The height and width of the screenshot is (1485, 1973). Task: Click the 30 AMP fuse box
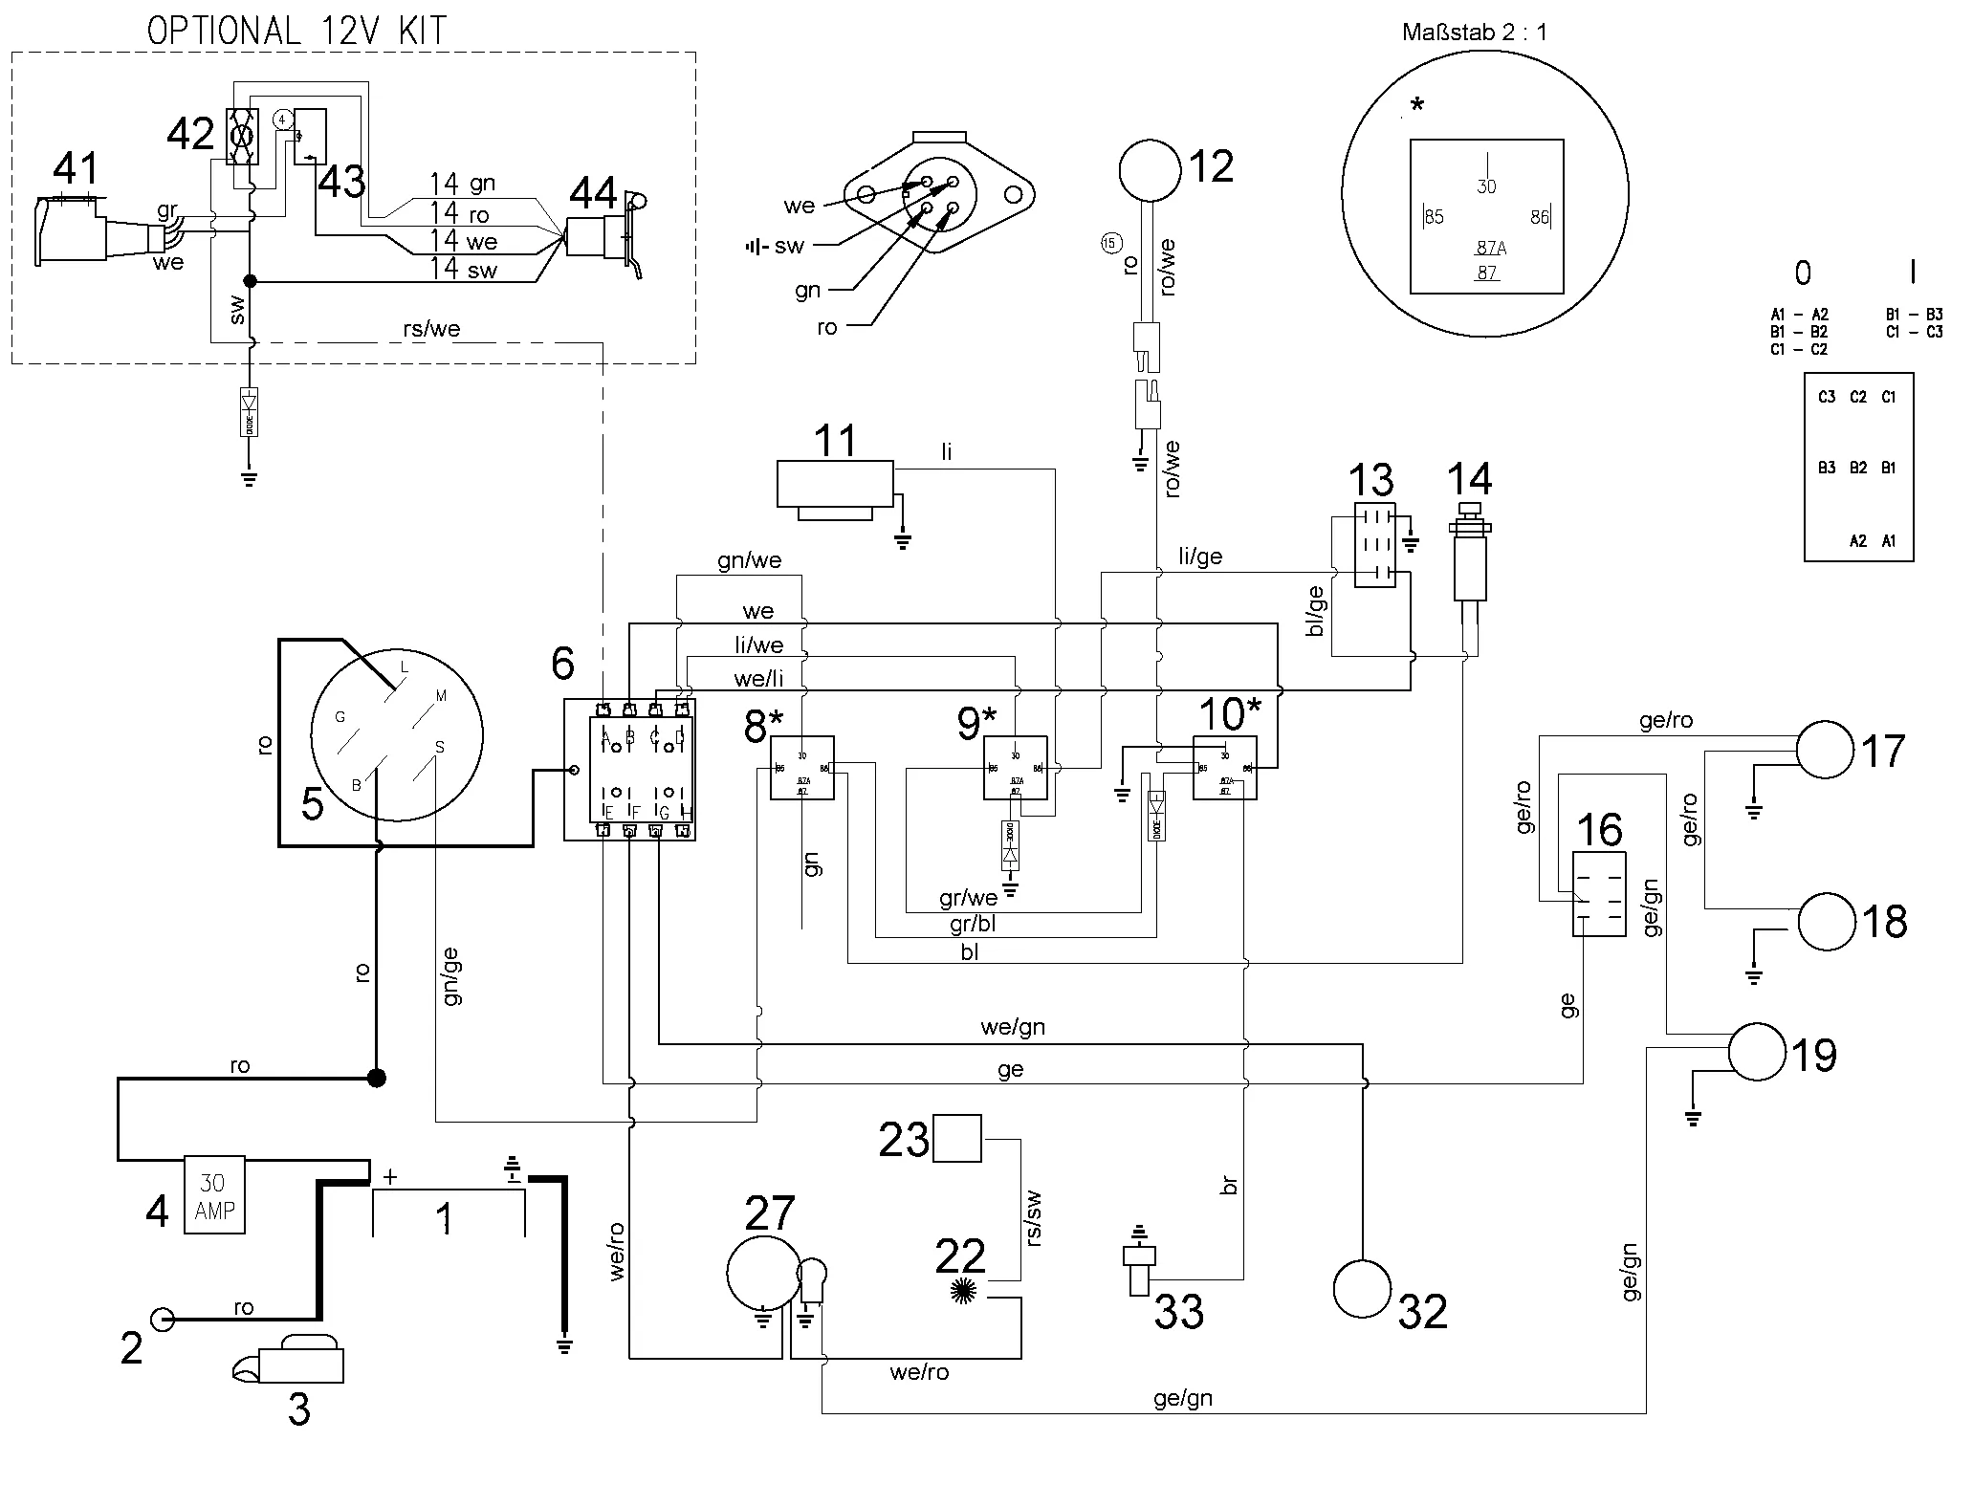pyautogui.click(x=214, y=1195)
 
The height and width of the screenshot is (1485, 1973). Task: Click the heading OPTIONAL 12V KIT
pyautogui.click(x=296, y=31)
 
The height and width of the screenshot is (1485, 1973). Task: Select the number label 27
pyautogui.click(x=769, y=1213)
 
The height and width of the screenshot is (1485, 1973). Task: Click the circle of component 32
pyautogui.click(x=1362, y=1288)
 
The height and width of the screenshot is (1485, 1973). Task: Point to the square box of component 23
pyautogui.click(x=956, y=1138)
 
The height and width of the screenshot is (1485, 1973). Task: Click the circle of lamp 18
pyautogui.click(x=1827, y=922)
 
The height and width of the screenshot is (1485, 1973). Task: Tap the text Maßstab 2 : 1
pyautogui.click(x=1474, y=32)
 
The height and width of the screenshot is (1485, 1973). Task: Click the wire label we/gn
pyautogui.click(x=1013, y=1027)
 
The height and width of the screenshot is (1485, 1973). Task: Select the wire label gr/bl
pyautogui.click(x=974, y=925)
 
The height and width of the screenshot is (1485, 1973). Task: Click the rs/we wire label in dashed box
pyautogui.click(x=431, y=329)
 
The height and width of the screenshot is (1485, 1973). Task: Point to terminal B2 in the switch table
pyautogui.click(x=1857, y=468)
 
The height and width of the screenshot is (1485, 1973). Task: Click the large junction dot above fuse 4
pyautogui.click(x=377, y=1079)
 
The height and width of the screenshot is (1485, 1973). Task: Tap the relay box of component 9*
pyautogui.click(x=1015, y=768)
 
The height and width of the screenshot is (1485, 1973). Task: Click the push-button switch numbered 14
pyautogui.click(x=1470, y=559)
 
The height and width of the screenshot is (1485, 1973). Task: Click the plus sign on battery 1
pyautogui.click(x=390, y=1177)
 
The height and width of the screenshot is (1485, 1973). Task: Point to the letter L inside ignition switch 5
pyautogui.click(x=405, y=667)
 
